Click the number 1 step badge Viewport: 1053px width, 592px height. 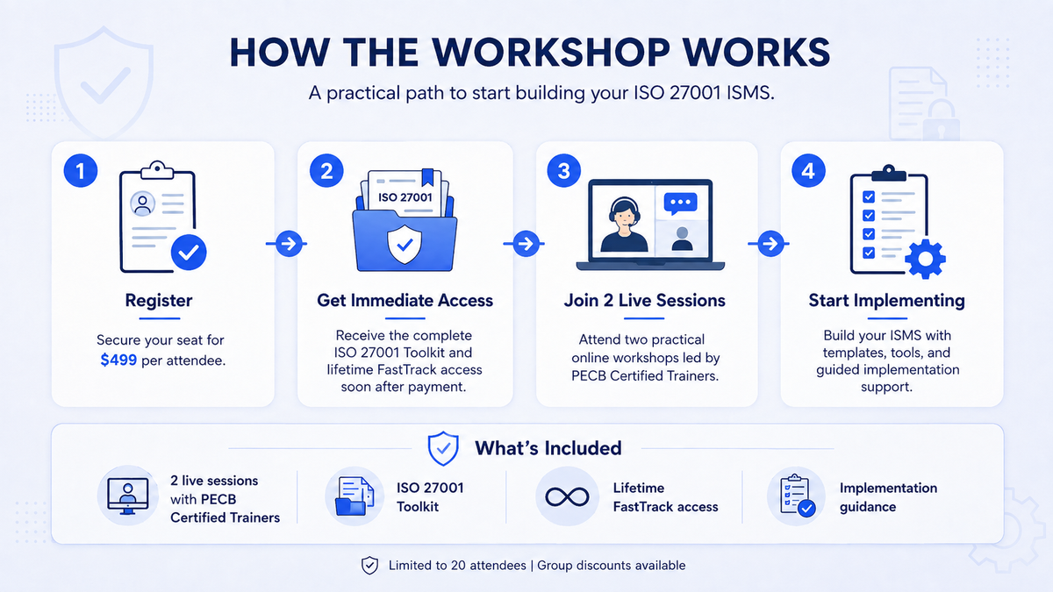click(81, 170)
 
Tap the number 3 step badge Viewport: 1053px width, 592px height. click(563, 170)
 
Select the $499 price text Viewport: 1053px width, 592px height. click(118, 360)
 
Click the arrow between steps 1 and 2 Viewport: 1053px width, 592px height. click(287, 244)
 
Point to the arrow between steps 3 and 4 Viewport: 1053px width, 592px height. click(770, 244)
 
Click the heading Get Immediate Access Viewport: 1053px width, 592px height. click(405, 300)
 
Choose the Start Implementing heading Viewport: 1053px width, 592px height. click(886, 301)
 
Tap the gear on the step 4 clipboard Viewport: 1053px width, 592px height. click(925, 259)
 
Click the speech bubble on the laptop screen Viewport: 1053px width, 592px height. click(680, 203)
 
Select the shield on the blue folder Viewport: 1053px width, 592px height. click(405, 245)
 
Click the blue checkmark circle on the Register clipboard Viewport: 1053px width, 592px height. click(189, 253)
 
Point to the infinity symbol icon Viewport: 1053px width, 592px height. click(567, 496)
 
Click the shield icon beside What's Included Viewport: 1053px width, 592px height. click(443, 449)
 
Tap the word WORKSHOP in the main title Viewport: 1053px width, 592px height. click(551, 52)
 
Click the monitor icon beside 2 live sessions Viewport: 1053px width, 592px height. click(128, 496)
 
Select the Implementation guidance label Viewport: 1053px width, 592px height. click(888, 497)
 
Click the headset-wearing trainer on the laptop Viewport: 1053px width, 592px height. click(624, 225)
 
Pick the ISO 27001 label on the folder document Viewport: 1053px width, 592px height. click(405, 196)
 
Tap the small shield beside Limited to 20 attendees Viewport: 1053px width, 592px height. click(369, 565)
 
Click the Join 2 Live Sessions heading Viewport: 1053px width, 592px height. click(644, 300)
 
